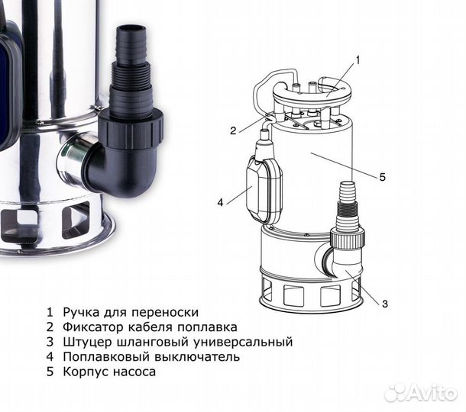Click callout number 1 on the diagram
coord(358,59)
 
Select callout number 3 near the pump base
coord(385,304)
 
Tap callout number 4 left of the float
coord(220,203)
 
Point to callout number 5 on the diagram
coord(382,177)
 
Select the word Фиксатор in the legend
coord(91,327)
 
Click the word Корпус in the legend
coord(83,372)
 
